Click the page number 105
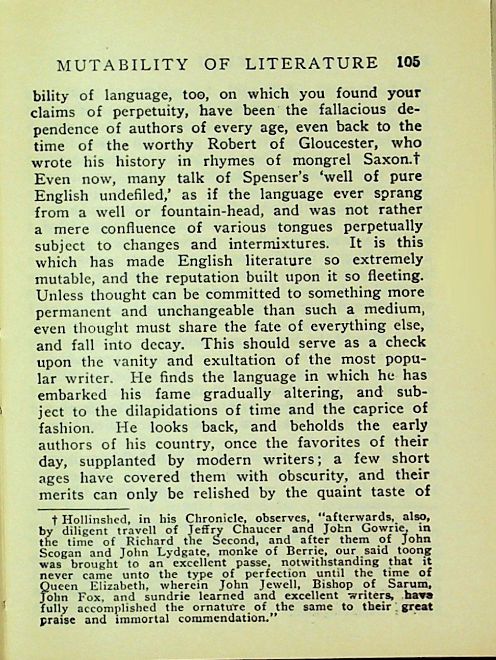click(x=409, y=63)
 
